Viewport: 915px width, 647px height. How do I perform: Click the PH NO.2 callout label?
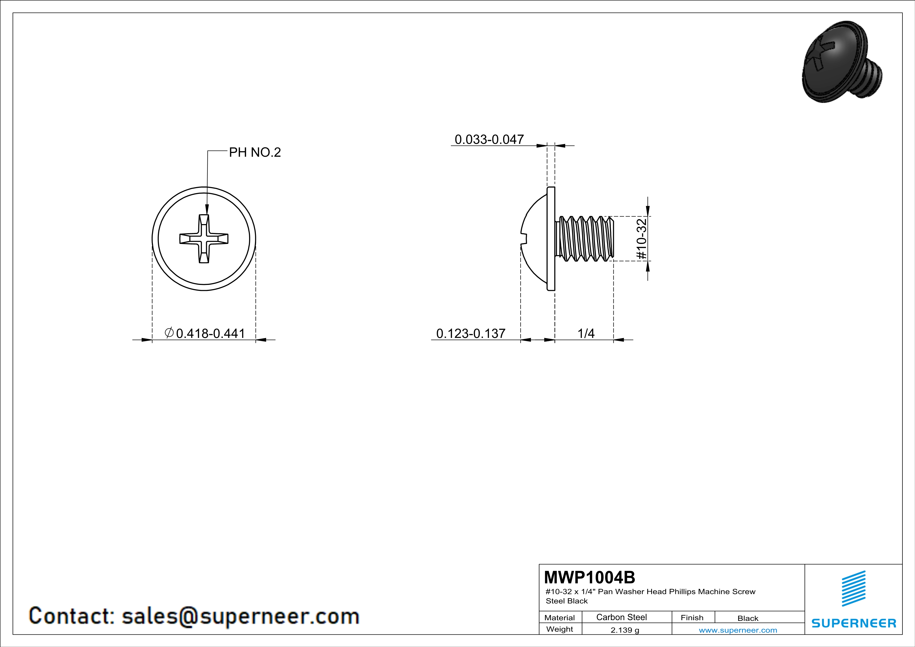[255, 152]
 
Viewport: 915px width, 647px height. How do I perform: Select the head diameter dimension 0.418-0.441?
[210, 333]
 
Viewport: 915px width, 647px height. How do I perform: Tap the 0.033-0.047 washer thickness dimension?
[489, 139]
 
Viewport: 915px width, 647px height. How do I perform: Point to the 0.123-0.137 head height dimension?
[471, 333]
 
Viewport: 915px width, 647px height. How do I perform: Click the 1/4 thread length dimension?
[586, 333]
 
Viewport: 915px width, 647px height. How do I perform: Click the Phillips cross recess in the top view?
[204, 239]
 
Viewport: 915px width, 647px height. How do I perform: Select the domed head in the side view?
[536, 239]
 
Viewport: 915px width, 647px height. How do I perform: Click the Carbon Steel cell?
[621, 617]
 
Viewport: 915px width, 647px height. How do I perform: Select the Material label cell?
[560, 618]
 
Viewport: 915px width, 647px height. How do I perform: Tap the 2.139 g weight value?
[624, 630]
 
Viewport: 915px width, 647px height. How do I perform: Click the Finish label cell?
[692, 618]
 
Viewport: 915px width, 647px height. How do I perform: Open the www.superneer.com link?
[738, 630]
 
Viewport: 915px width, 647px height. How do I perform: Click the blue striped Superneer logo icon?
[853, 589]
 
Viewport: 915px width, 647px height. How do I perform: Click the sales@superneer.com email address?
[240, 616]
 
